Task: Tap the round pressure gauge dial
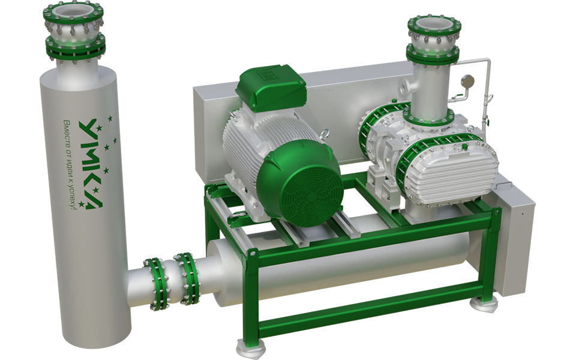(x=468, y=80)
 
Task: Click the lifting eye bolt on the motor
(x=325, y=134)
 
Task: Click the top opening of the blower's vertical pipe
(x=434, y=24)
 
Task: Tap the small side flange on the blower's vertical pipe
(x=405, y=85)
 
